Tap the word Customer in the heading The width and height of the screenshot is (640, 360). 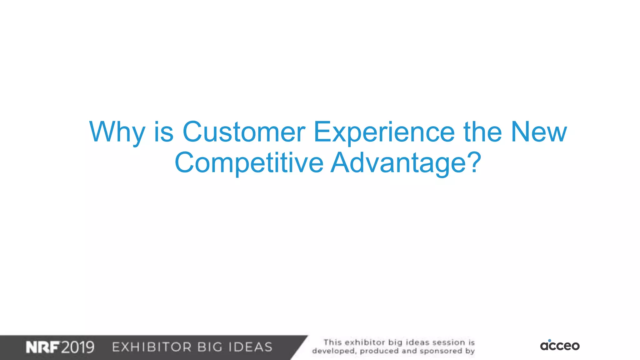243,132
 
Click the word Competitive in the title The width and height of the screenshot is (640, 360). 249,162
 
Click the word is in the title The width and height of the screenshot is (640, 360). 163,132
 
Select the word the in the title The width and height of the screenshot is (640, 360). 482,132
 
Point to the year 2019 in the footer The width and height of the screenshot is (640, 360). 77,347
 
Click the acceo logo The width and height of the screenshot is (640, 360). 560,346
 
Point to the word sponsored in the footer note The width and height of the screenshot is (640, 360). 441,351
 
